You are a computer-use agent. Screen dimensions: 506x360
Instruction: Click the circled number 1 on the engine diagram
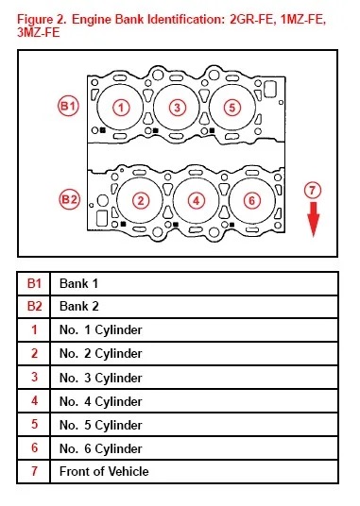coord(120,107)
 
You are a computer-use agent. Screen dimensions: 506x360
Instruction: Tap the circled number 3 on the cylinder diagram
coord(177,107)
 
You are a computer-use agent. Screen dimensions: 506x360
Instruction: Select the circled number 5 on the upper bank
coord(232,107)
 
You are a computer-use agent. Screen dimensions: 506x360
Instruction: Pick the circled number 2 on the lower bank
coord(139,200)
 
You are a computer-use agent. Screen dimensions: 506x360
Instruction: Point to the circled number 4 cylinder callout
coord(195,200)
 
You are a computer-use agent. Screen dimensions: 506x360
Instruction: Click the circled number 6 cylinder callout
coord(250,200)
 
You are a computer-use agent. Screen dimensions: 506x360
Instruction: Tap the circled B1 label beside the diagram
coord(67,107)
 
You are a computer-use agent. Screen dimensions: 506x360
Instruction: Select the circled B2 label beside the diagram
coord(67,199)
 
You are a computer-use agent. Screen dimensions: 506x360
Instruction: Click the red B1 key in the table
coord(34,283)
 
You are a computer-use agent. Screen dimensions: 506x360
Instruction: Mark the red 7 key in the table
coord(34,471)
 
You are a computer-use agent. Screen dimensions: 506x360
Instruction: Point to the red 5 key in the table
coord(34,424)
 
